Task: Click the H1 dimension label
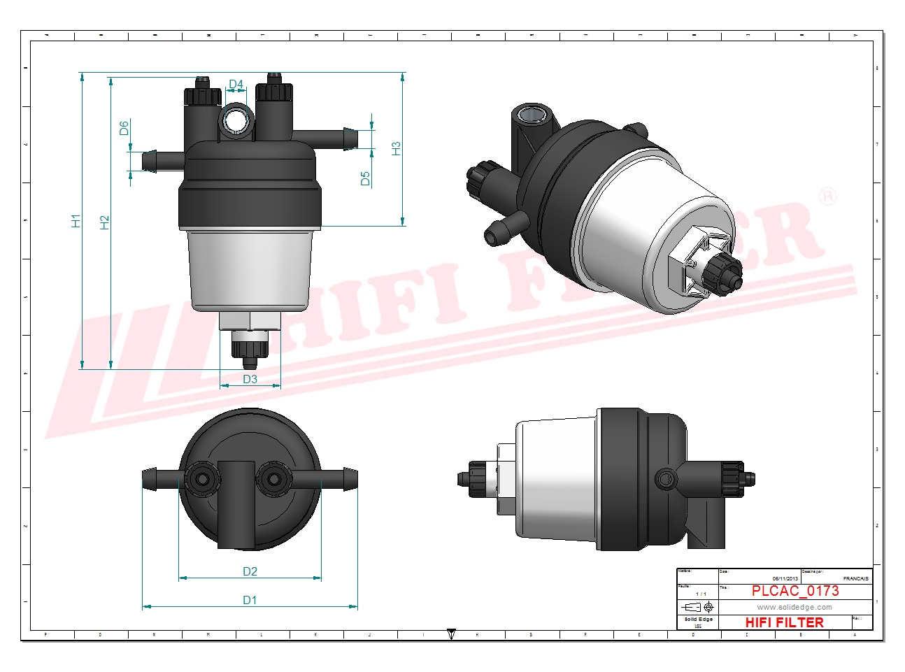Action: point(76,221)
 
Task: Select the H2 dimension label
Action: point(105,222)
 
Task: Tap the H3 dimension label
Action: point(396,148)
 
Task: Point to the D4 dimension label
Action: point(236,85)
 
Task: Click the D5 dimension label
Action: point(365,178)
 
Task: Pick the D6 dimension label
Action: point(124,128)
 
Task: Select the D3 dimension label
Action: point(250,379)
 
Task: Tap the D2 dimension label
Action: point(250,571)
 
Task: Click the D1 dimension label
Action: point(250,600)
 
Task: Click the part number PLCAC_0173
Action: point(795,591)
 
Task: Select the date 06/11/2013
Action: point(785,578)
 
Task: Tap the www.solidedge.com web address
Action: point(794,607)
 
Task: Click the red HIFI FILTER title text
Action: point(784,622)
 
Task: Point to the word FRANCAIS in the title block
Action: point(855,578)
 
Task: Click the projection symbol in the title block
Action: point(698,607)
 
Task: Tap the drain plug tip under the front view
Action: point(250,363)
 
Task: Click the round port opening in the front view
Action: point(236,121)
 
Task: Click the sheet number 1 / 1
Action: point(701,594)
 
